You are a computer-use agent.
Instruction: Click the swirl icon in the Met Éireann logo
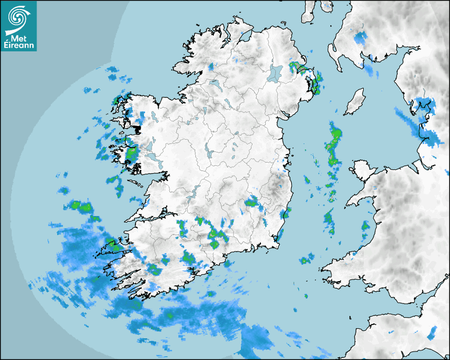pyautogui.click(x=18, y=17)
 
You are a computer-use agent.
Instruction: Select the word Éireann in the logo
pyautogui.click(x=19, y=46)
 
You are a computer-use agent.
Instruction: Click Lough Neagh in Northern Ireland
pyautogui.click(x=276, y=73)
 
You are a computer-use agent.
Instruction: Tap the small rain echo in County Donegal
pyautogui.click(x=211, y=67)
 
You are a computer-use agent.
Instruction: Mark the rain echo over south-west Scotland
pyautogui.click(x=361, y=38)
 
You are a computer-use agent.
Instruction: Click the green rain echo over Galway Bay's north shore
pyautogui.click(x=130, y=154)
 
